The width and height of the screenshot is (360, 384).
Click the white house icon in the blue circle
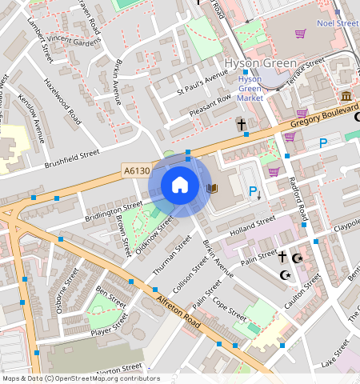180,186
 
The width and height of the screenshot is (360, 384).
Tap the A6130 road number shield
136,170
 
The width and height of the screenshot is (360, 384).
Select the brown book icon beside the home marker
212,189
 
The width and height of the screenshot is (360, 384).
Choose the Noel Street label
337,24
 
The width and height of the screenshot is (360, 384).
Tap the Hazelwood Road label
63,102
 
